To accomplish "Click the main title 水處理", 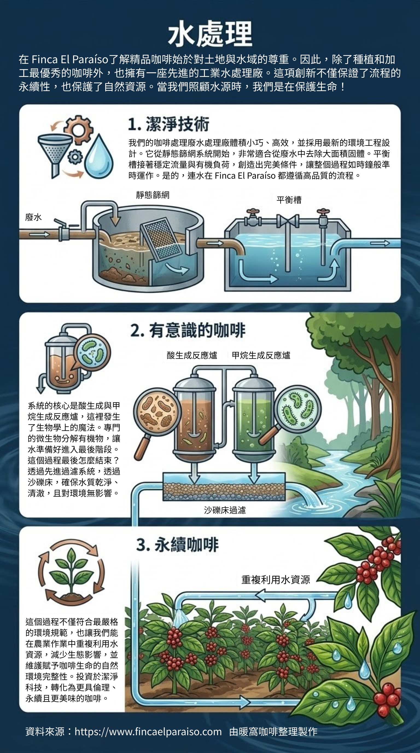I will pos(210,34).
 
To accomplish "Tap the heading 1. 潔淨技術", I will pos(168,124).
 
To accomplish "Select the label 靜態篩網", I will pos(153,195).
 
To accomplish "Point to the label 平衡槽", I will pos(289,200).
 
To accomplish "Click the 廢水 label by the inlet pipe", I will pos(33,217).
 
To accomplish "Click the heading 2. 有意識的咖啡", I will pos(188,331).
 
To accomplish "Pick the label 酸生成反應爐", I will pos(192,355).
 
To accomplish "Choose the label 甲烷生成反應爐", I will pos(261,355).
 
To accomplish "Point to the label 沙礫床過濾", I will pos(224,510).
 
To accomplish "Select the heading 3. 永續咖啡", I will pos(177,545).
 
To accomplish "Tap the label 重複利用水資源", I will pos(275,580).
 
